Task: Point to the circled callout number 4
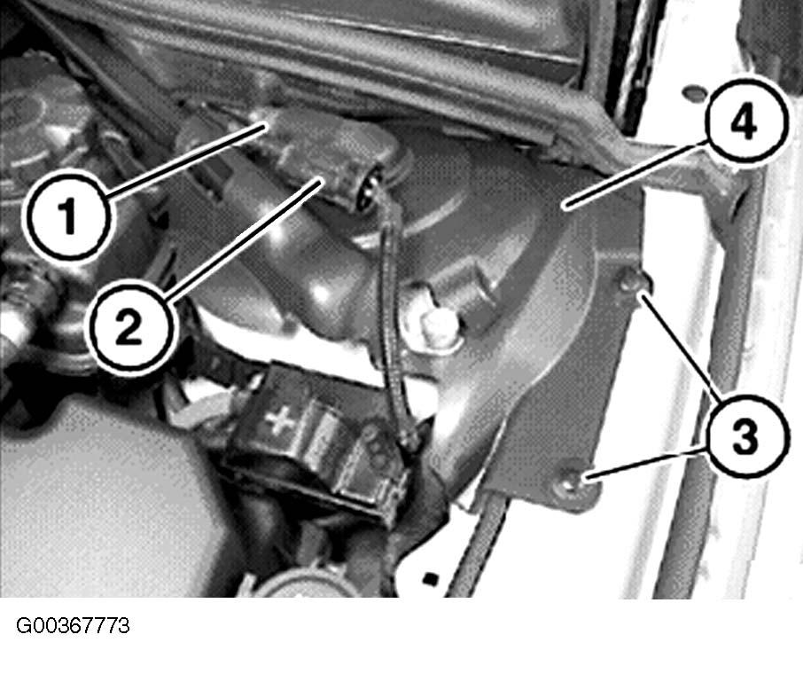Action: pos(745,123)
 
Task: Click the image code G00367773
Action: pos(74,626)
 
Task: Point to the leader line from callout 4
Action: pos(636,176)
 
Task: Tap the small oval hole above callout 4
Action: pos(693,93)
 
